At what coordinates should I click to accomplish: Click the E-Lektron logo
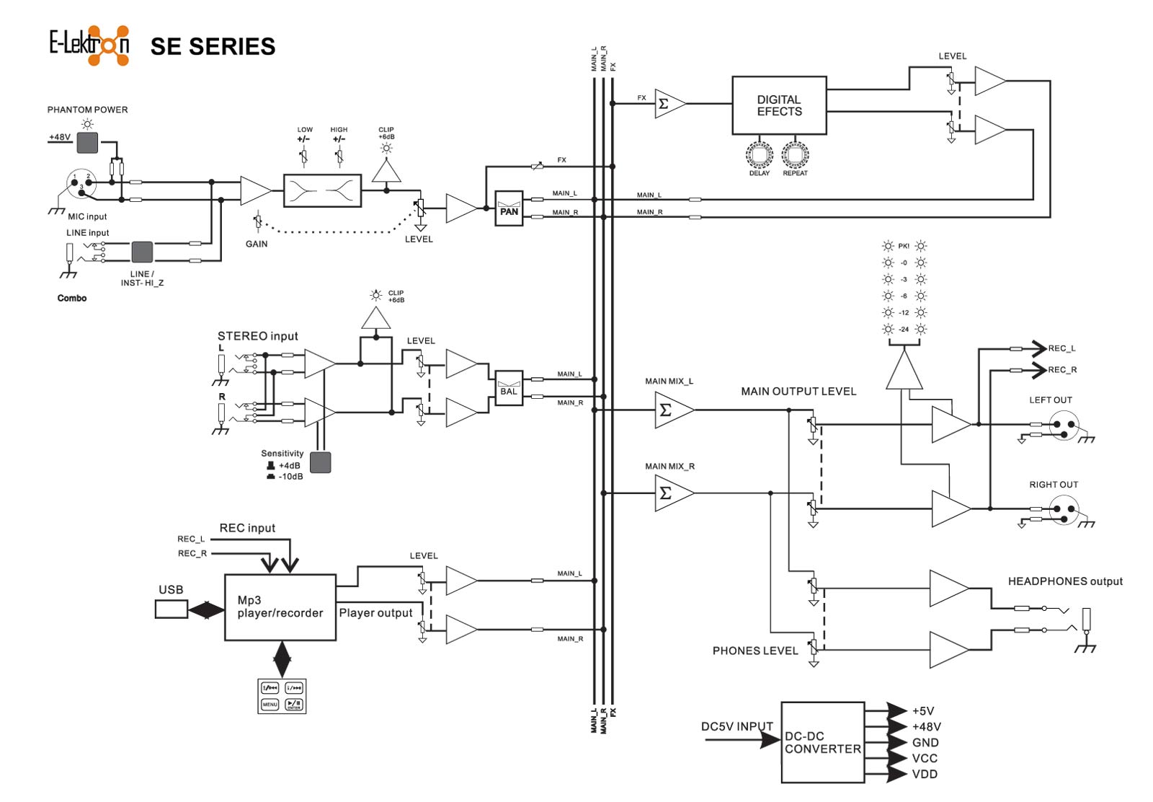click(x=89, y=45)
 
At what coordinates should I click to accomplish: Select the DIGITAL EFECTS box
click(x=779, y=105)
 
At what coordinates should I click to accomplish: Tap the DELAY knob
click(x=759, y=154)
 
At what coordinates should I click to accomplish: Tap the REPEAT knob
click(x=795, y=154)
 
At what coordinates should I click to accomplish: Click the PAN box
click(x=509, y=208)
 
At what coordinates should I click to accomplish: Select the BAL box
click(x=509, y=388)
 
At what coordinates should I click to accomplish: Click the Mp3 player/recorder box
click(x=280, y=607)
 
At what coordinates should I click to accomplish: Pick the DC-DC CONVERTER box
click(x=823, y=742)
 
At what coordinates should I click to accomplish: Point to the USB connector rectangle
click(x=171, y=609)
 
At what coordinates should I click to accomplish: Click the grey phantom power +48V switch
click(x=87, y=142)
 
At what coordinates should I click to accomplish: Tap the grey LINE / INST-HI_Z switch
click(x=142, y=252)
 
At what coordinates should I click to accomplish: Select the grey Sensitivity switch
click(x=320, y=462)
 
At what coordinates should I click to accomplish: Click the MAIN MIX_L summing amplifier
click(x=670, y=410)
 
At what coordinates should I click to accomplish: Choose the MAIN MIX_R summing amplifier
click(x=670, y=493)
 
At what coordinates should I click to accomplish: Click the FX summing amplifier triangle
click(x=667, y=104)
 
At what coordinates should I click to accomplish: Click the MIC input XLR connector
click(x=81, y=183)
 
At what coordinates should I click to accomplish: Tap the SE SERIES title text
click(x=213, y=47)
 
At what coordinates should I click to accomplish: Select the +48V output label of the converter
click(x=926, y=727)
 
